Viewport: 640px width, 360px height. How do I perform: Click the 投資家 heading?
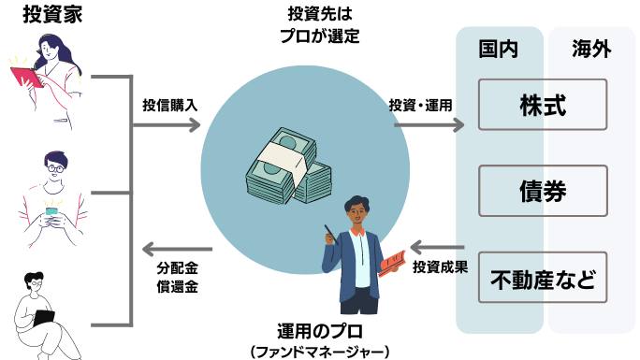point(52,14)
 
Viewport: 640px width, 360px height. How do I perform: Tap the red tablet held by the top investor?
point(26,77)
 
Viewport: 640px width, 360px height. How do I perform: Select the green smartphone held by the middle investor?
point(51,212)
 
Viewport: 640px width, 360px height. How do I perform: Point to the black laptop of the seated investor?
point(44,318)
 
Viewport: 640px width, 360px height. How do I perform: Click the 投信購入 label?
point(169,105)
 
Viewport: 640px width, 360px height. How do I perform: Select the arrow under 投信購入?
point(167,124)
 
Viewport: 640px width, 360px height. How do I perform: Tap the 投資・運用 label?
point(420,105)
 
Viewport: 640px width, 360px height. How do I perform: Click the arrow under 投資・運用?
point(429,124)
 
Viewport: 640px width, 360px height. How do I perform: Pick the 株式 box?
point(543,105)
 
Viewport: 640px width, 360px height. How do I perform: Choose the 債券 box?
point(543,191)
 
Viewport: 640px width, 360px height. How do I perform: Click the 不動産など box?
point(543,278)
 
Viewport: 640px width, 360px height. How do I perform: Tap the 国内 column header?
point(499,49)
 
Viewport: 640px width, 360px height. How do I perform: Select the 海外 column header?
point(591,49)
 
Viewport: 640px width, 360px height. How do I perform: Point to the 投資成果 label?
point(440,267)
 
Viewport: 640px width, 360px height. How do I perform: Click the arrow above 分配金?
point(177,249)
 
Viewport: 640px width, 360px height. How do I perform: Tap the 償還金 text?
point(177,286)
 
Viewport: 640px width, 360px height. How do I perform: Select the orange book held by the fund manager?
point(392,264)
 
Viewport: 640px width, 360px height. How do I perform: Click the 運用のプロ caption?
point(320,331)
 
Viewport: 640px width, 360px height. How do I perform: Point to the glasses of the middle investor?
point(55,168)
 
